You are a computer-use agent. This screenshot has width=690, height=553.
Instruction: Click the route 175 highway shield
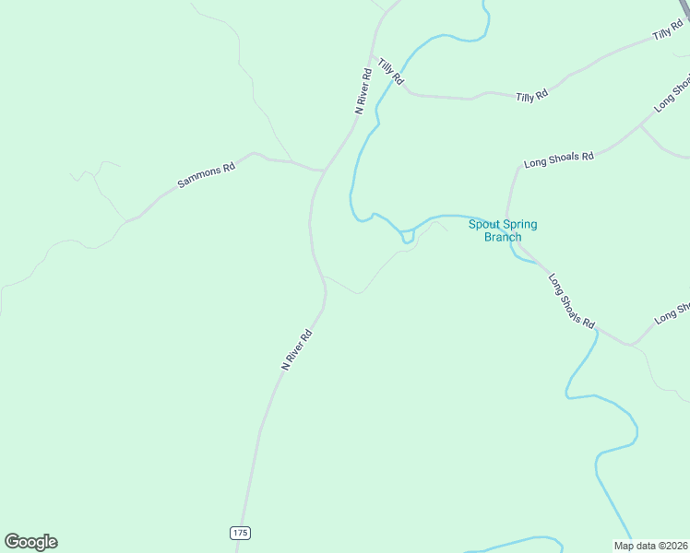(241, 533)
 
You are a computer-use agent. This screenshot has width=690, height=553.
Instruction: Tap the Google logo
(30, 542)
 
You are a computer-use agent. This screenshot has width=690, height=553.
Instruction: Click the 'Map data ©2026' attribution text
(649, 545)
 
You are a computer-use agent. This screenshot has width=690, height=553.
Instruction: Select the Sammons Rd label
(207, 175)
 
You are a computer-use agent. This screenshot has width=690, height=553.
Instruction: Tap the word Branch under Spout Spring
(503, 237)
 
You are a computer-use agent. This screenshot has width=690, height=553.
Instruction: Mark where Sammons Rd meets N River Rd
(323, 171)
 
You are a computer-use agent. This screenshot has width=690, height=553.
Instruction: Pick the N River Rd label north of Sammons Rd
(364, 90)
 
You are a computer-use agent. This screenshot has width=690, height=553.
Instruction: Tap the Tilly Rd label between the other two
(532, 96)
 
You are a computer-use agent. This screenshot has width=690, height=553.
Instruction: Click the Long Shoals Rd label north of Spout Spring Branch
(558, 159)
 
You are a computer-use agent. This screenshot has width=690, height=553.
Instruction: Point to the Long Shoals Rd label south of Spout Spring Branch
(572, 301)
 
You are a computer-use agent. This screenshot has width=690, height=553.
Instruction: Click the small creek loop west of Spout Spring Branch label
(407, 238)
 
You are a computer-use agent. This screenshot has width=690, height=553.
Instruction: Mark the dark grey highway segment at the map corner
(684, 7)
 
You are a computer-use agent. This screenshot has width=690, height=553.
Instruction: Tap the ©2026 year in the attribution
(670, 545)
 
